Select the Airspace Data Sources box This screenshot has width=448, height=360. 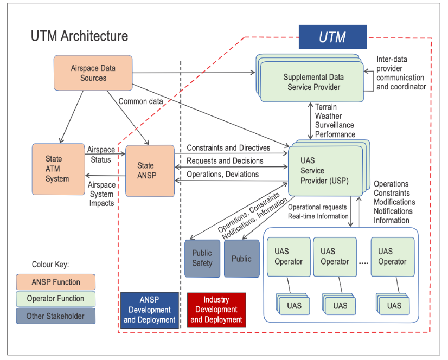point(93,73)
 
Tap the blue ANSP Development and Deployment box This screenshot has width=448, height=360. point(149,310)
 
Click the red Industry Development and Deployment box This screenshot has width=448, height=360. point(216,310)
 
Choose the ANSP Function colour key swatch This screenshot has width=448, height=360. point(55,282)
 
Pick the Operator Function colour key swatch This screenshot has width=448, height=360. point(55,299)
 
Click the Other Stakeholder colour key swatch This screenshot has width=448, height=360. point(55,316)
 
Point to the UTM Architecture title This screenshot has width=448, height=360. point(79,36)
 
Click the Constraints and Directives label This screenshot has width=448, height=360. point(228,147)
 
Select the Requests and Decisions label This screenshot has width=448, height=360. point(225,160)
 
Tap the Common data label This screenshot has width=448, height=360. point(141,101)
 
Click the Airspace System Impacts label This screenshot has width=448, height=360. point(101,194)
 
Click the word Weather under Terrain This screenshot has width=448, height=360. point(329,116)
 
